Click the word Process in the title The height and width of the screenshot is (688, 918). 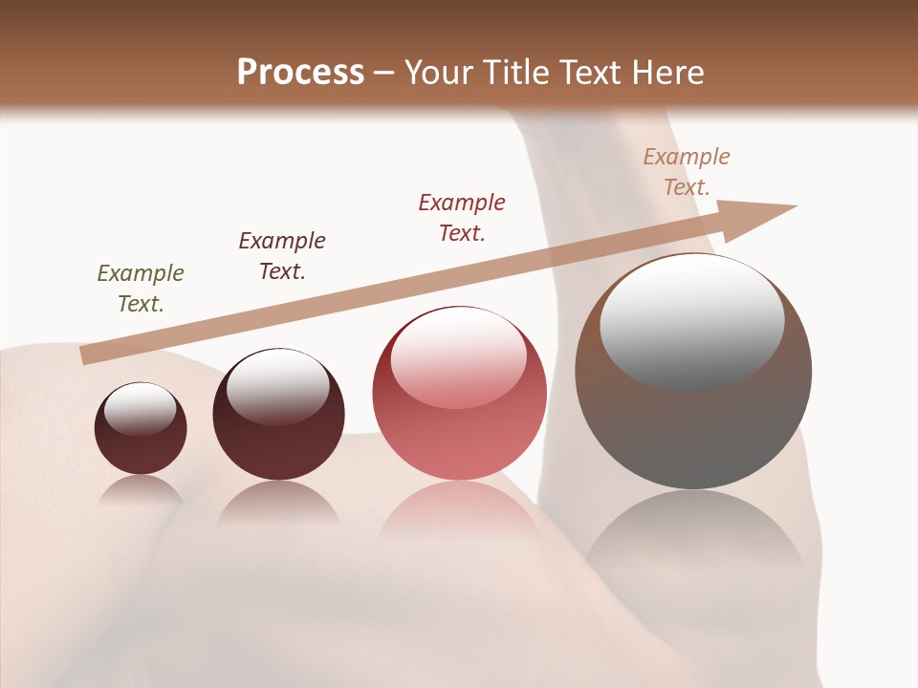point(300,73)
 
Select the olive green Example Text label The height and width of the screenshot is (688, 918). point(141,288)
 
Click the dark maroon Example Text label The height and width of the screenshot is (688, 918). point(282,255)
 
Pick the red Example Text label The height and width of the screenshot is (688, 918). point(462,217)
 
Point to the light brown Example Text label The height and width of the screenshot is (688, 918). point(687,171)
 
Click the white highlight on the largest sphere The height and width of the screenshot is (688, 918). point(691,320)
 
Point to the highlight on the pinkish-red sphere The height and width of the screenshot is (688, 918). point(459,356)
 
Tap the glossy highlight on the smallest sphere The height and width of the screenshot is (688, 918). point(141,408)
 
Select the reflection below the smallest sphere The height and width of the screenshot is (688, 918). point(141,490)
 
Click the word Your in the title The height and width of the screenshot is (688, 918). point(437,73)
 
